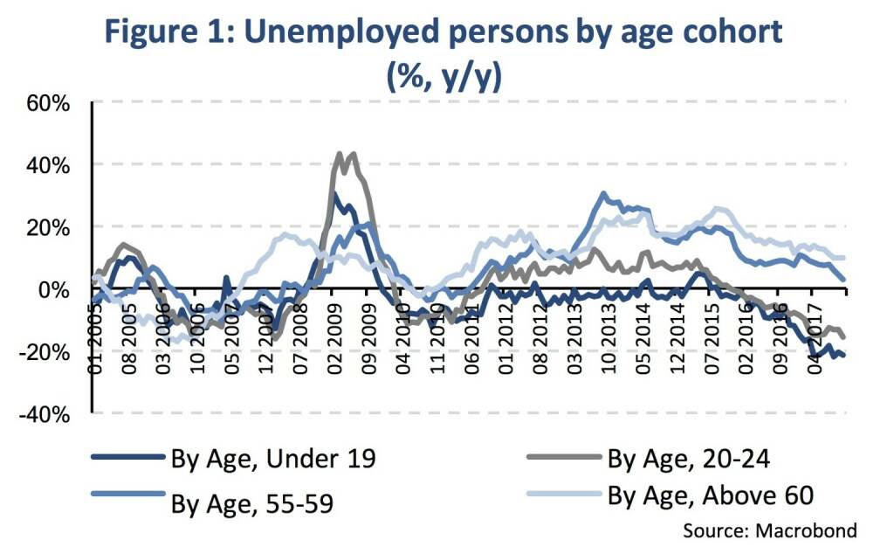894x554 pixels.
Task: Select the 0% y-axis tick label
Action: tap(54, 289)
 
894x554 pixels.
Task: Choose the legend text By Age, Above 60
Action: tap(711, 495)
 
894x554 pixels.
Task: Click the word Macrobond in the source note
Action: tap(808, 530)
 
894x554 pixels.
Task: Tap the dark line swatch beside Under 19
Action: tap(127, 458)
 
